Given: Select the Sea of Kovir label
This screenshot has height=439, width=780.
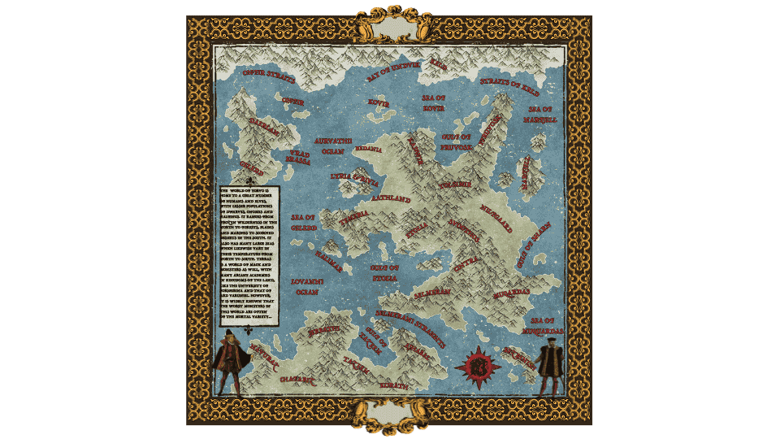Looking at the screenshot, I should [434, 102].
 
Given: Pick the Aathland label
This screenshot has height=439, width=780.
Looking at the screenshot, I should [391, 196].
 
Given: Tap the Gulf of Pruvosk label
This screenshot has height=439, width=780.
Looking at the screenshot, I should [457, 142].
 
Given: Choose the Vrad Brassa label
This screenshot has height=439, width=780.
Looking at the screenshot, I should [299, 157].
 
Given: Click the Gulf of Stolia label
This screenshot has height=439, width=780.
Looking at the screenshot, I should [384, 272].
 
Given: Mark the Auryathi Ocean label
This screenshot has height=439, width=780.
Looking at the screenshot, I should [333, 146].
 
